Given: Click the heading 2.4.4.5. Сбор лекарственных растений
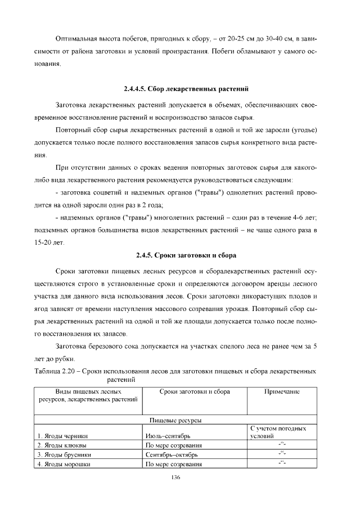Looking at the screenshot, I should pos(186,89).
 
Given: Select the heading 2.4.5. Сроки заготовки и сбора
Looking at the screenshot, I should pos(187,255).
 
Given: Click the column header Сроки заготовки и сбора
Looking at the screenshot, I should pos(195,391).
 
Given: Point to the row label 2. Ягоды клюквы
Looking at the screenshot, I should pos(61,445).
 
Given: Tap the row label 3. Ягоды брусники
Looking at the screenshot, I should pos(64,454).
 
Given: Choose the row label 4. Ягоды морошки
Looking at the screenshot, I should pos(64,463).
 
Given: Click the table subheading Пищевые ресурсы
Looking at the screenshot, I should pos(175,420).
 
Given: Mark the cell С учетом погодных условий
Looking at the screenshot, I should pos(277,432).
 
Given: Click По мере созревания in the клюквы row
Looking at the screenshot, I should pos(173,445).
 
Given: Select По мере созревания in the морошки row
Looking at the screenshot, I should pos(173,463).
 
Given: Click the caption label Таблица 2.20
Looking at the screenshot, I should pos(55,372).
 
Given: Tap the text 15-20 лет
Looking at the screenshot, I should pos(49,243).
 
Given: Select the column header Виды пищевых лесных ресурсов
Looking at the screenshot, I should pos(89,395).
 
